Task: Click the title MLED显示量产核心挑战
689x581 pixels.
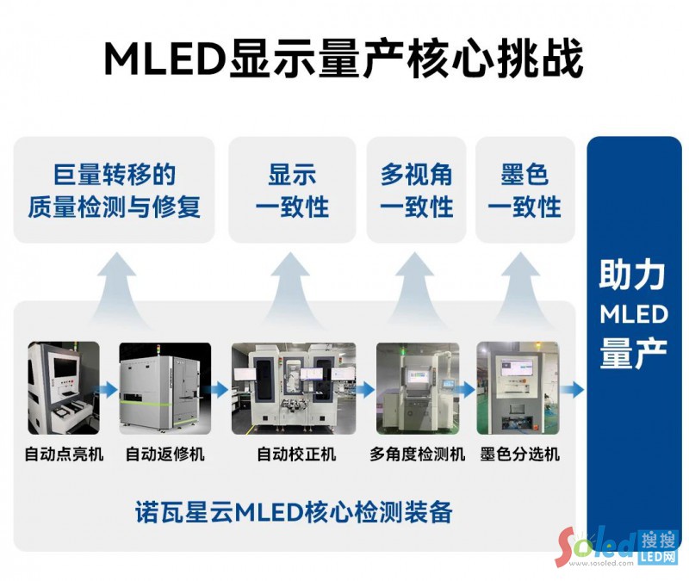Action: tap(344, 59)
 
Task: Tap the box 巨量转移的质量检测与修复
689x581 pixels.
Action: tap(114, 190)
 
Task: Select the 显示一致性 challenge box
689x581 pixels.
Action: tap(292, 190)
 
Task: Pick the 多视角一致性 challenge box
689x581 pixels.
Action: tap(417, 190)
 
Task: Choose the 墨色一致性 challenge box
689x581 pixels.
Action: tap(525, 190)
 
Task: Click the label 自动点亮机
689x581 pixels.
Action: tap(64, 454)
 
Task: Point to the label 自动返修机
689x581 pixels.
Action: tap(164, 454)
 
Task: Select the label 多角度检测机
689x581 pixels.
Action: tap(417, 454)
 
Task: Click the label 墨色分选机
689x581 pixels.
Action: tap(519, 454)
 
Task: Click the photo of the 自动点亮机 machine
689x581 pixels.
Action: tap(64, 388)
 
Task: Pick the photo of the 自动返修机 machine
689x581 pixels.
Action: tap(164, 388)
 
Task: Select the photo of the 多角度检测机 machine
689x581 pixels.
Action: tap(417, 388)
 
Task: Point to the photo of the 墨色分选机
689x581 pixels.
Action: tap(518, 388)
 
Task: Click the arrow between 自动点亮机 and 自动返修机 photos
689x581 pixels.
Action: tap(109, 389)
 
